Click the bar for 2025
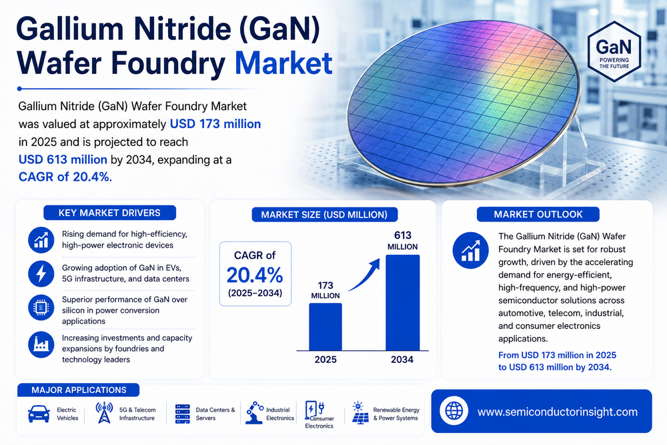(325, 327)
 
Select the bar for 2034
(402, 302)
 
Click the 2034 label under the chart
(402, 360)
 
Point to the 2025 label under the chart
(325, 360)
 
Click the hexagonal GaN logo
(614, 52)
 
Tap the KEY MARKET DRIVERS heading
(110, 213)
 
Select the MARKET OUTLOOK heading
(538, 214)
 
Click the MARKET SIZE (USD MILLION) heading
(324, 214)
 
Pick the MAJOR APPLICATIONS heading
(79, 390)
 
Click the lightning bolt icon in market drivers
(41, 274)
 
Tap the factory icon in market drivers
(41, 344)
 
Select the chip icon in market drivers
(41, 307)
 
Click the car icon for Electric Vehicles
(39, 414)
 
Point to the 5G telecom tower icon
(104, 413)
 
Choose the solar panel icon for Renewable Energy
(360, 413)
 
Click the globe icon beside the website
(454, 411)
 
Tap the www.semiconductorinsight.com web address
(557, 412)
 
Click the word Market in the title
(283, 63)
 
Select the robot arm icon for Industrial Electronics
(254, 413)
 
